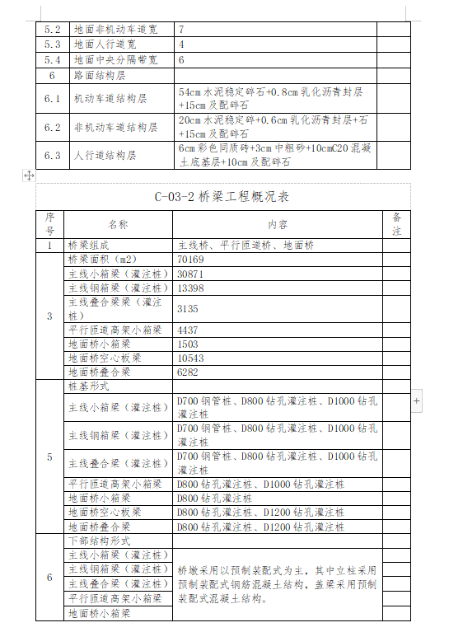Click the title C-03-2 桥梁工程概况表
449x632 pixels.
222,197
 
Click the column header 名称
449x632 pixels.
118,224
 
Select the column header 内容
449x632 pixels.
278,224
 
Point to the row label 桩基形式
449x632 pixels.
88,386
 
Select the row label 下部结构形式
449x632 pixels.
95,540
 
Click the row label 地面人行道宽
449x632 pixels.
105,44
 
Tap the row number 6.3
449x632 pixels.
53,155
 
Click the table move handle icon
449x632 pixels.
29,176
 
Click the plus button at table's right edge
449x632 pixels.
416,400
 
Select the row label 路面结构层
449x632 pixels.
98,76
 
